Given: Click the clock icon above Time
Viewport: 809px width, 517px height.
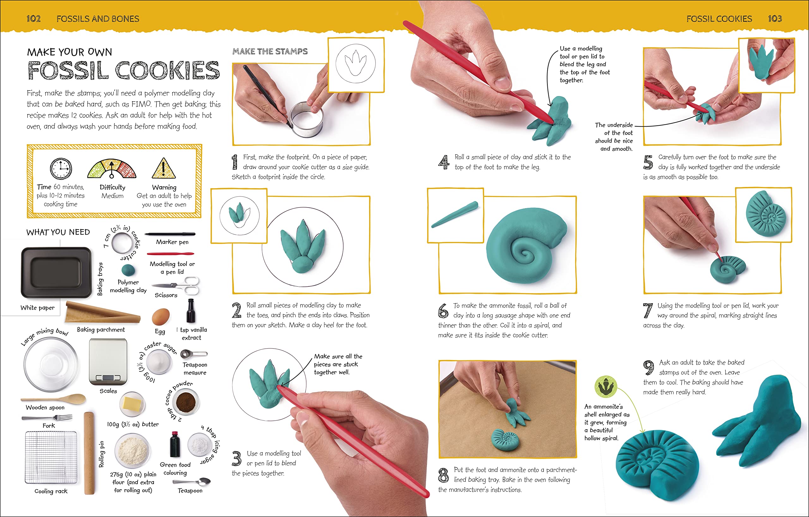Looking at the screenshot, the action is click(61, 169).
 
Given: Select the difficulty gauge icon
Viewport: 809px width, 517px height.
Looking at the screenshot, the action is click(112, 169).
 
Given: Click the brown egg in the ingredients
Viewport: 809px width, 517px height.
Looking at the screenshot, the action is click(161, 317).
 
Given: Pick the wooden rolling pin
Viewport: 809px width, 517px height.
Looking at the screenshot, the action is click(89, 453).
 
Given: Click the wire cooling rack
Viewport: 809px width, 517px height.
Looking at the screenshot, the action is click(51, 457).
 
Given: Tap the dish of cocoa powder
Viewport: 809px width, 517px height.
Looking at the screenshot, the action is click(186, 402).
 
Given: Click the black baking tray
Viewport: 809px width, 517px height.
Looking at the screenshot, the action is click(57, 273).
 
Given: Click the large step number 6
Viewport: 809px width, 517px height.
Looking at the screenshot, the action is click(443, 310).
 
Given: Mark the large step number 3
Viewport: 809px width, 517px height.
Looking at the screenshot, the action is click(236, 459).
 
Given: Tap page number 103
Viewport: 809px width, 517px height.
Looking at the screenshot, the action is click(775, 19).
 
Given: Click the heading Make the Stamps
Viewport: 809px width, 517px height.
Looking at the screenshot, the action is click(270, 51).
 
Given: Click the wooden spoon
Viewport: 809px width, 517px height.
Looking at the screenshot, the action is click(53, 399).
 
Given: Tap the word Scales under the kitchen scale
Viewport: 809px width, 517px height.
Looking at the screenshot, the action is click(108, 391).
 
